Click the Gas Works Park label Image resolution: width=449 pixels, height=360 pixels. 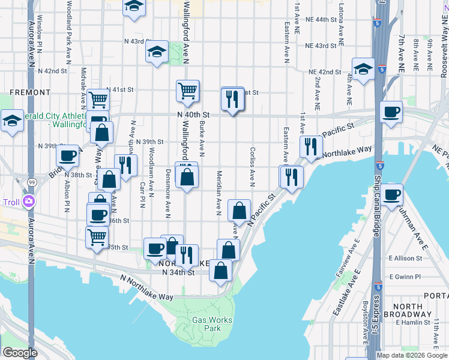[x=212, y=324]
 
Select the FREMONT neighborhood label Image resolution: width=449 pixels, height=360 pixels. [x=30, y=93]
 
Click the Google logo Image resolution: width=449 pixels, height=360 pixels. [x=20, y=353]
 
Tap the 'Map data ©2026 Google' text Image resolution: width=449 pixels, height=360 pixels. [x=412, y=355]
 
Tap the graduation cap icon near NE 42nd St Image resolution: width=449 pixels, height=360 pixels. [x=363, y=69]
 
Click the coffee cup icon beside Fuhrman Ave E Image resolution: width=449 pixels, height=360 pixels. [x=392, y=194]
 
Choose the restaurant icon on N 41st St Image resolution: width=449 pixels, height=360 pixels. [x=233, y=98]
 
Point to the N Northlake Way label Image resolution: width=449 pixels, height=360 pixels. [x=147, y=288]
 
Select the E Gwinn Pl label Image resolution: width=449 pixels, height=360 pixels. [x=407, y=277]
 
